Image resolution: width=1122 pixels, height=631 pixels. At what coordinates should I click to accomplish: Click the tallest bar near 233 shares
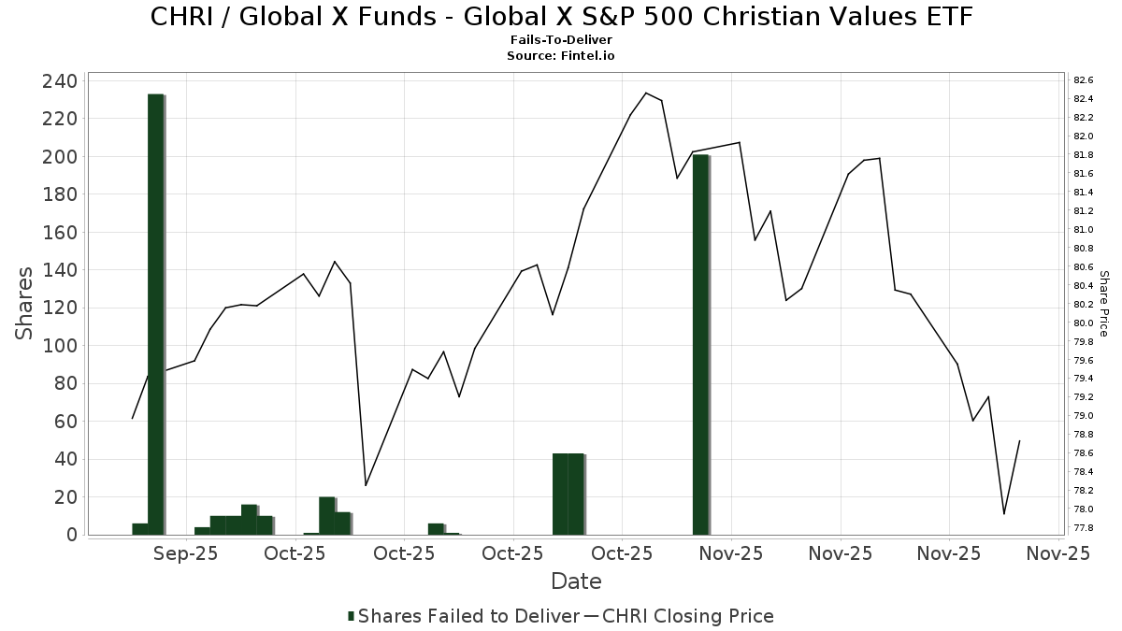[x=155, y=314]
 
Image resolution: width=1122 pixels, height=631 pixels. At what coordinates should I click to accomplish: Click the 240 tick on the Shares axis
[x=59, y=81]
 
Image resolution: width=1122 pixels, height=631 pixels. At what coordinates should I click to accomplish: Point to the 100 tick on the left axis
[x=59, y=346]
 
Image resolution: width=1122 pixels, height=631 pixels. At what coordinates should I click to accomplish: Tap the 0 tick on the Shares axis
[x=71, y=535]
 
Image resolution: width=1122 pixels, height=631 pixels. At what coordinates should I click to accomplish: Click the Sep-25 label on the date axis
[x=186, y=553]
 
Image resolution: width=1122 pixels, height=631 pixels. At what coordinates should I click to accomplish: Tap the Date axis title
[x=576, y=581]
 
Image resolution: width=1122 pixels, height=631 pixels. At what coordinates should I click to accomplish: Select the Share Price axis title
[x=1103, y=304]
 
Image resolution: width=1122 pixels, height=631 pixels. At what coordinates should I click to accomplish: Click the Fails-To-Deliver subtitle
[x=561, y=41]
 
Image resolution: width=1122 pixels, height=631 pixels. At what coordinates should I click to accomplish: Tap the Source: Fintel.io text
[x=561, y=55]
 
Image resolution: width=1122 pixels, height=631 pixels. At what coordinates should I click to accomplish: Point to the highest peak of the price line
[x=646, y=93]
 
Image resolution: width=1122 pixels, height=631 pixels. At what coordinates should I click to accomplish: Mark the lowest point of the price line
[x=1004, y=514]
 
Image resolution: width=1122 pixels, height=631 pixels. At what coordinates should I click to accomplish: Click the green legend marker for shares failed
[x=351, y=616]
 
